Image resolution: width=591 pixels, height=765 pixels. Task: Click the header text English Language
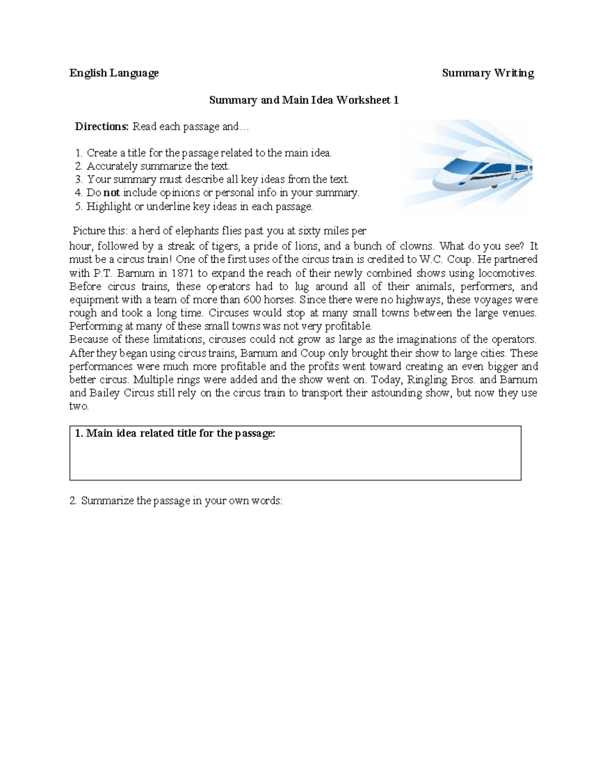[114, 73]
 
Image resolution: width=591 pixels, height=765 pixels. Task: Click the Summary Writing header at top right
[488, 73]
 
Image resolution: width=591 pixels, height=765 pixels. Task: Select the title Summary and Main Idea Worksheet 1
[303, 100]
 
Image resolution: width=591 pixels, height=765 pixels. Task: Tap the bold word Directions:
[101, 127]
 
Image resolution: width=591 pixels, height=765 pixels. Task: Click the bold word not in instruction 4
[111, 193]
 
